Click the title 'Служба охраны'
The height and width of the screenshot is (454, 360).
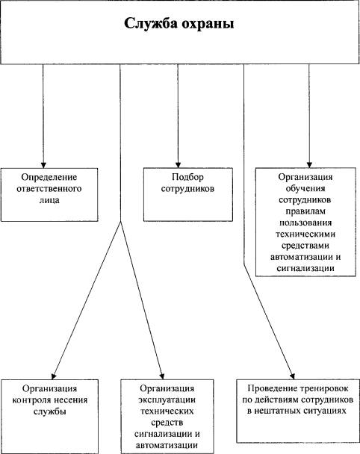tap(179, 24)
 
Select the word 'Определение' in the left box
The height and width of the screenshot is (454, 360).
tap(49, 177)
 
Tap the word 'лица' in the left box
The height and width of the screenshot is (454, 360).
tap(49, 200)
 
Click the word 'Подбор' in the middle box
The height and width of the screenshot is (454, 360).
tap(187, 177)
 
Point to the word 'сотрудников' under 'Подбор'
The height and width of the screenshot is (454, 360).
tap(187, 189)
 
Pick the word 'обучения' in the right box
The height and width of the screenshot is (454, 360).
tap(305, 189)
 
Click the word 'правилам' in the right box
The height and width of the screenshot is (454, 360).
tap(305, 211)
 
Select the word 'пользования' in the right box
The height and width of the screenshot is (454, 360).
tap(305, 223)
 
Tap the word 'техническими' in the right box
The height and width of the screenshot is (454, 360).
tap(305, 234)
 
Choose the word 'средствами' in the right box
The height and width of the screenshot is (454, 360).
tap(305, 246)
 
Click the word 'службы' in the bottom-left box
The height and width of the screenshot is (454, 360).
tap(49, 411)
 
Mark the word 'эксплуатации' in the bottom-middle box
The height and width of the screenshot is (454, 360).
tap(167, 399)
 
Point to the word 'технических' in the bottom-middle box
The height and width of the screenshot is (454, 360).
tap(167, 411)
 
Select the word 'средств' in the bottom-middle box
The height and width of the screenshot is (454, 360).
tap(167, 423)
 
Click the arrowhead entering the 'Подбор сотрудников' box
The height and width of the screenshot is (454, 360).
tap(178, 165)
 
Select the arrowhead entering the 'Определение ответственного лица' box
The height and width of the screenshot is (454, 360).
tap(43, 165)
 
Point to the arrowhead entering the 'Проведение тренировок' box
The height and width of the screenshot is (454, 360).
tap(293, 376)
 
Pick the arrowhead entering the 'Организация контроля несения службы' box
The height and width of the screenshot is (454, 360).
tap(54, 376)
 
